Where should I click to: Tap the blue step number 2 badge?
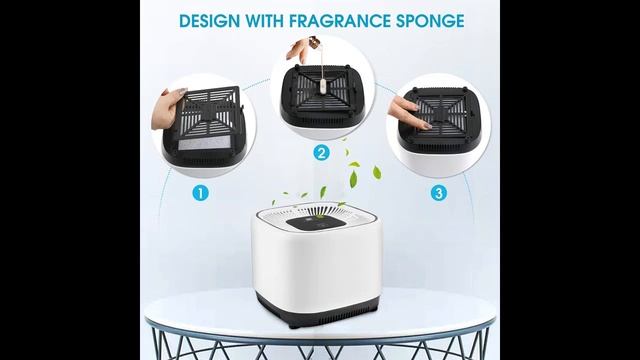click(321, 153)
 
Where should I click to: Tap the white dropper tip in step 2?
click(321, 85)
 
